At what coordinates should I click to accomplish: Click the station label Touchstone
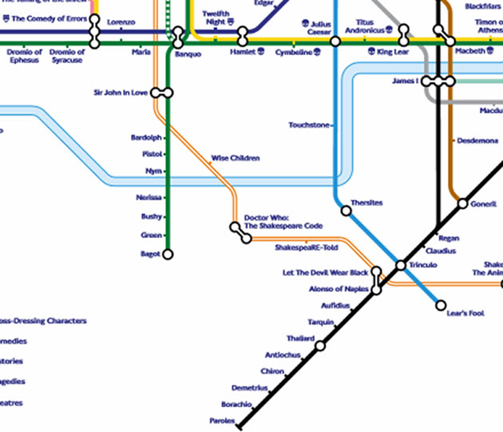[308, 125]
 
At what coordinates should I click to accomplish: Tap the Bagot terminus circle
[167, 254]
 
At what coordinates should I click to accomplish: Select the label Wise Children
[236, 158]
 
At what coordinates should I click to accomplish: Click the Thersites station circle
[346, 211]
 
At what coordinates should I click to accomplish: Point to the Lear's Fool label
[466, 313]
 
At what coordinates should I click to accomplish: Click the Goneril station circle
[462, 204]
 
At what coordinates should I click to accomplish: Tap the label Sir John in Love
[122, 93]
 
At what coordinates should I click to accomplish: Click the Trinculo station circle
[401, 265]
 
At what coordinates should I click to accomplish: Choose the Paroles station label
[222, 420]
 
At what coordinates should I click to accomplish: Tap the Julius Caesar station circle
[335, 41]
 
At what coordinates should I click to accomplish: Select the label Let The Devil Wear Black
[326, 273]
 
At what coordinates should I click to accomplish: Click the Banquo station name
[188, 54]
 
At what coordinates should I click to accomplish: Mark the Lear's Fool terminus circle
[441, 305]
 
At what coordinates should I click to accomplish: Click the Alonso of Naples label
[339, 289]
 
